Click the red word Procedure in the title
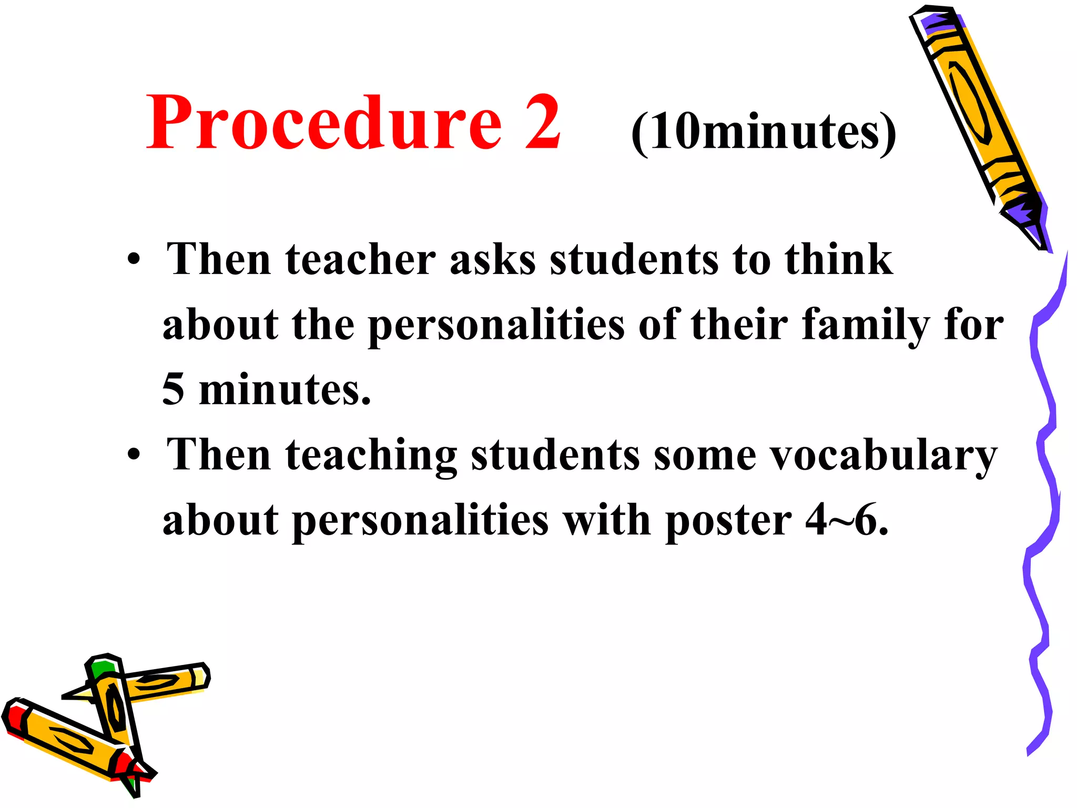323,124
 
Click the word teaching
371,456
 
